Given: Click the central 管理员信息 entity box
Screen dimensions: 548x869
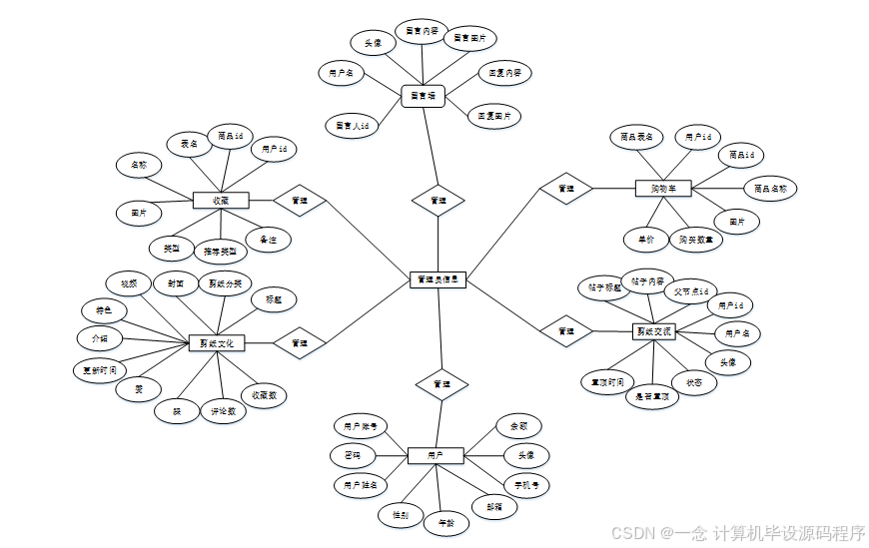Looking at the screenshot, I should pyautogui.click(x=437, y=280).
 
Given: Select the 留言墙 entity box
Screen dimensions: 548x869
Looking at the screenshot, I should pyautogui.click(x=423, y=96).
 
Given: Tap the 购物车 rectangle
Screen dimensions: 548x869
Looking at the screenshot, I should pyautogui.click(x=663, y=188).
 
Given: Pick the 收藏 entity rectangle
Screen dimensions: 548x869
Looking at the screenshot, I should pyautogui.click(x=220, y=201).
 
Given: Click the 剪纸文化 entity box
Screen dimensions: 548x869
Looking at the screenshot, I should pyautogui.click(x=217, y=343).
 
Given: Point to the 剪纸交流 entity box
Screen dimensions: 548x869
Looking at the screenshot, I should pyautogui.click(x=654, y=330).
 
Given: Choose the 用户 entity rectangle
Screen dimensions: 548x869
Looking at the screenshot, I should pyautogui.click(x=435, y=455).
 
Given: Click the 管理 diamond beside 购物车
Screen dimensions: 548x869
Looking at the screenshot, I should pyautogui.click(x=566, y=188).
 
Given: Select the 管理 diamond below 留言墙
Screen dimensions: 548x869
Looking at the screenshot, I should pyautogui.click(x=437, y=200).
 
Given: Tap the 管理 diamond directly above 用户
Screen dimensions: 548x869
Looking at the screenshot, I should pyautogui.click(x=441, y=383).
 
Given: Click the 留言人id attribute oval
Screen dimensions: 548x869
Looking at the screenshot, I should pyautogui.click(x=353, y=126).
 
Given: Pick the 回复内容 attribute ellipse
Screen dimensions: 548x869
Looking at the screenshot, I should pyautogui.click(x=504, y=73).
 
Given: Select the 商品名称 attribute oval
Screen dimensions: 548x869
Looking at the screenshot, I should pyautogui.click(x=770, y=188).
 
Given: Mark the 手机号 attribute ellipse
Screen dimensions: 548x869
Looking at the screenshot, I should pyautogui.click(x=526, y=486).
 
